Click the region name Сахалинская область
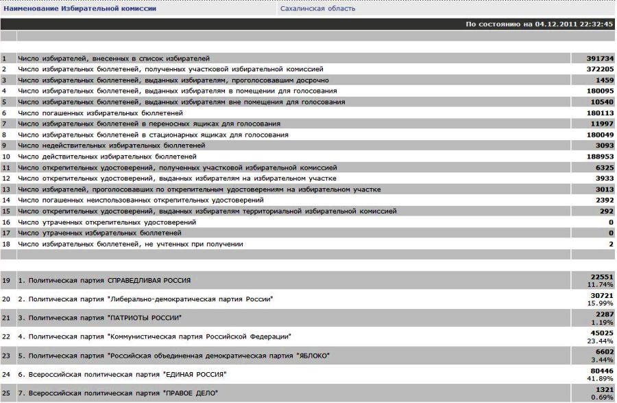317,9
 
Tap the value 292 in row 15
605,211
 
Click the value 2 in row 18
610,244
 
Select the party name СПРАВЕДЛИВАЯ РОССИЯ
149,281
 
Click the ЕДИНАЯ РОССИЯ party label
192,374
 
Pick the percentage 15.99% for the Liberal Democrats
601,303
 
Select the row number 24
5,374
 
